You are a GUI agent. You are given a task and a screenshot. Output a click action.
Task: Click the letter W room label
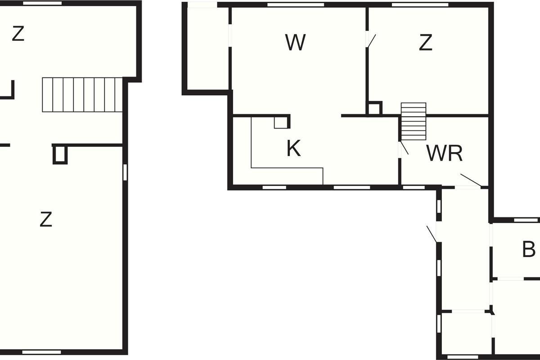pyautogui.click(x=296, y=42)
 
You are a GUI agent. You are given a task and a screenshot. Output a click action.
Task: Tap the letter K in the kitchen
pyautogui.click(x=293, y=148)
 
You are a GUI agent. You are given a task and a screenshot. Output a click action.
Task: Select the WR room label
pyautogui.click(x=445, y=153)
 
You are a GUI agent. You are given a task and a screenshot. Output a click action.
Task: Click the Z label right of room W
pyautogui.click(x=426, y=42)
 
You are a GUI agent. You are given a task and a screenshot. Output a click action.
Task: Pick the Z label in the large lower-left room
pyautogui.click(x=46, y=219)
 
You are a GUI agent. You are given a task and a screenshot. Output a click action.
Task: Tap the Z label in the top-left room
pyautogui.click(x=18, y=34)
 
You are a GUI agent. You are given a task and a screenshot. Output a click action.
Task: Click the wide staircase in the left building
pyautogui.click(x=82, y=95)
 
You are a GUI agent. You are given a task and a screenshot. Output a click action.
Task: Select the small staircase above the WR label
pyautogui.click(x=414, y=121)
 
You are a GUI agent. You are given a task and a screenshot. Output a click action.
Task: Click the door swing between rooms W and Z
pyautogui.click(x=371, y=40)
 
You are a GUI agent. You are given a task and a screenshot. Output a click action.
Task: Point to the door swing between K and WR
pyautogui.click(x=404, y=148)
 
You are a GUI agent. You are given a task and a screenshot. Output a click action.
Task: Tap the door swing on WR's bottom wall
pyautogui.click(x=471, y=180)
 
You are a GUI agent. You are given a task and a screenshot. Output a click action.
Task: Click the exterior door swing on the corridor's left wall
pyautogui.click(x=432, y=234)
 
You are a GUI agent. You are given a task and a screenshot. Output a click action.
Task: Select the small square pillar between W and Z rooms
pyautogui.click(x=374, y=108)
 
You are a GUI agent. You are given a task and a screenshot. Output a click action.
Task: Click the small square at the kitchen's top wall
pyautogui.click(x=282, y=122)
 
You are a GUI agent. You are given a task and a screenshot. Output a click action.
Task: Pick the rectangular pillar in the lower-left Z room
pyautogui.click(x=60, y=154)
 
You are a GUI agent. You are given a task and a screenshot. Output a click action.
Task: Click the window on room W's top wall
pyautogui.click(x=296, y=5)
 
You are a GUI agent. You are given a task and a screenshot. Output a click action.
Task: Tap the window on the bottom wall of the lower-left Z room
pyautogui.click(x=42, y=352)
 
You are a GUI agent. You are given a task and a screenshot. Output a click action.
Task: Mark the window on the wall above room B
pyautogui.click(x=526, y=220)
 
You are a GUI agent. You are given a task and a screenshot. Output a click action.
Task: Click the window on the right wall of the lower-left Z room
pyautogui.click(x=125, y=172)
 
